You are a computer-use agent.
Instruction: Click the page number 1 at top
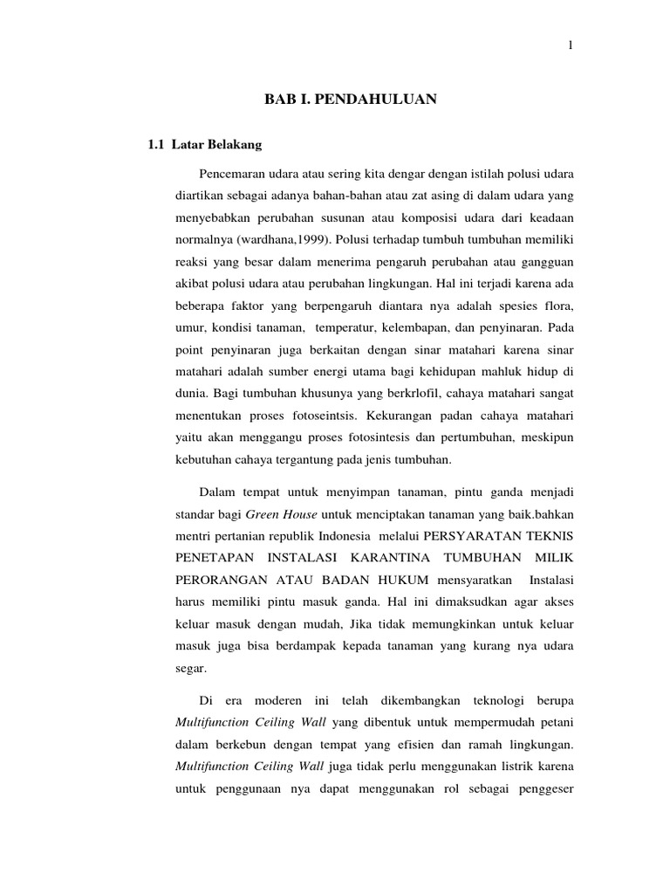point(570,45)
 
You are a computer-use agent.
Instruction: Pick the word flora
point(555,307)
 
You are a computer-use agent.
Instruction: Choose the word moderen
point(277,701)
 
